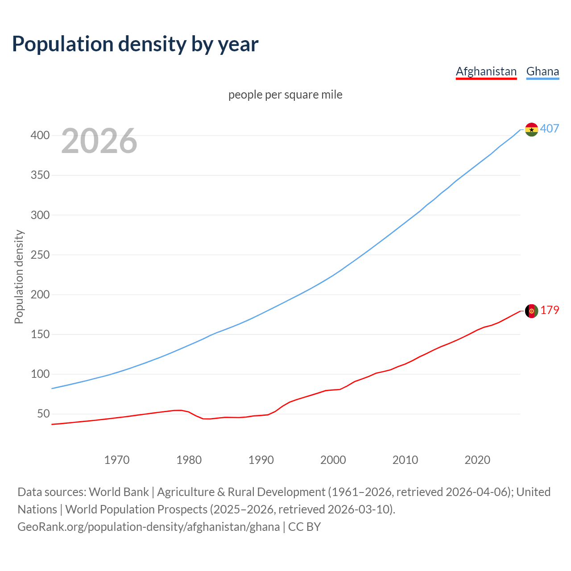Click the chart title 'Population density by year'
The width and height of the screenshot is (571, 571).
coord(135,44)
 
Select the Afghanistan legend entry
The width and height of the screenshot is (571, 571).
coord(486,71)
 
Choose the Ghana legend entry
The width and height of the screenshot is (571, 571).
coord(542,71)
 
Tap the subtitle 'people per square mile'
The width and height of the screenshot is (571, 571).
coord(285,95)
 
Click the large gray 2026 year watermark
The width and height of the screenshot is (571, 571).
coord(99,141)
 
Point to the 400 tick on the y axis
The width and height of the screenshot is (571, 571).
coord(40,135)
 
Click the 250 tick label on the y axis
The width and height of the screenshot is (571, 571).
coord(40,255)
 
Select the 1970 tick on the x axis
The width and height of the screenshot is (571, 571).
coord(117,459)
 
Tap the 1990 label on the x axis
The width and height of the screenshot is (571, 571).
coord(261,459)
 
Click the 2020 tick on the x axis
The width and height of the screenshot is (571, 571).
coord(477,459)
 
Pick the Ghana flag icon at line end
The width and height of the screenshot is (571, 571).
coord(531,129)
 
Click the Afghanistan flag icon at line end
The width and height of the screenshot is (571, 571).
coord(531,311)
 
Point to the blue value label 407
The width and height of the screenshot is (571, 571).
coord(550,128)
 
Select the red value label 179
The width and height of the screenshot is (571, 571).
coord(550,310)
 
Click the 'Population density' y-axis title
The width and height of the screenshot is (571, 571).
coord(19,277)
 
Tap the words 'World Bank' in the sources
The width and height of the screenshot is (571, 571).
coord(119,492)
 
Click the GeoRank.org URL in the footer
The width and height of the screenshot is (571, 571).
coord(149,526)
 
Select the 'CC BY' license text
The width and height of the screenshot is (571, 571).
coord(304,526)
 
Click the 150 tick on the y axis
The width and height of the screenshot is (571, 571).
coord(40,334)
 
